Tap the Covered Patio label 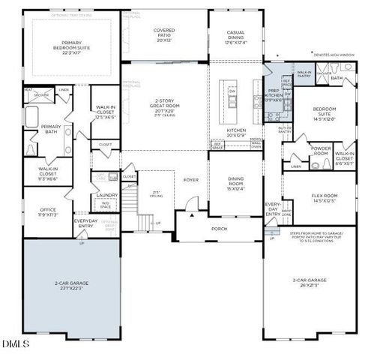[164, 34]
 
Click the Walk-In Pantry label [304, 73]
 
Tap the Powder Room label [321, 151]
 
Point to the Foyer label [190, 180]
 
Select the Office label [46, 211]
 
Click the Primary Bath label [51, 130]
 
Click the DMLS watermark [16, 344]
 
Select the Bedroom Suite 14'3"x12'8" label [328, 113]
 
